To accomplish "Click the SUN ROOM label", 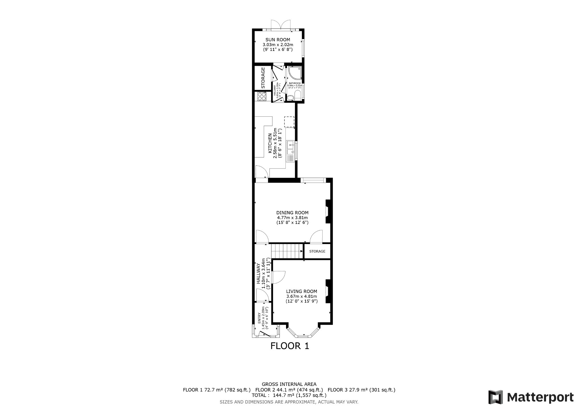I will pos(278,40).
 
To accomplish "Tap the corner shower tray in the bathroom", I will pos(295,73).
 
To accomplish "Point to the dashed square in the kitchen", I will pos(289,121).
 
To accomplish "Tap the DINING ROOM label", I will pos(292,213).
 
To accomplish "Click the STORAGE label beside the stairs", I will pos(317,251).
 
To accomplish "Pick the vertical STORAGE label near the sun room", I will pos(263,77).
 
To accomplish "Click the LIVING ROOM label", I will pos(301,291).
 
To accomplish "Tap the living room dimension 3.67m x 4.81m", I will pos(301,296).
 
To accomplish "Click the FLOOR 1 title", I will pos(290,346).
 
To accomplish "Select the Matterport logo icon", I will pos(495,397).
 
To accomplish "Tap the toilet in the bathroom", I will pos(290,98).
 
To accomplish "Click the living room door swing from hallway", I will pos(278,277).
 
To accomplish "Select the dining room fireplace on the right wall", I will pos(328,212).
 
